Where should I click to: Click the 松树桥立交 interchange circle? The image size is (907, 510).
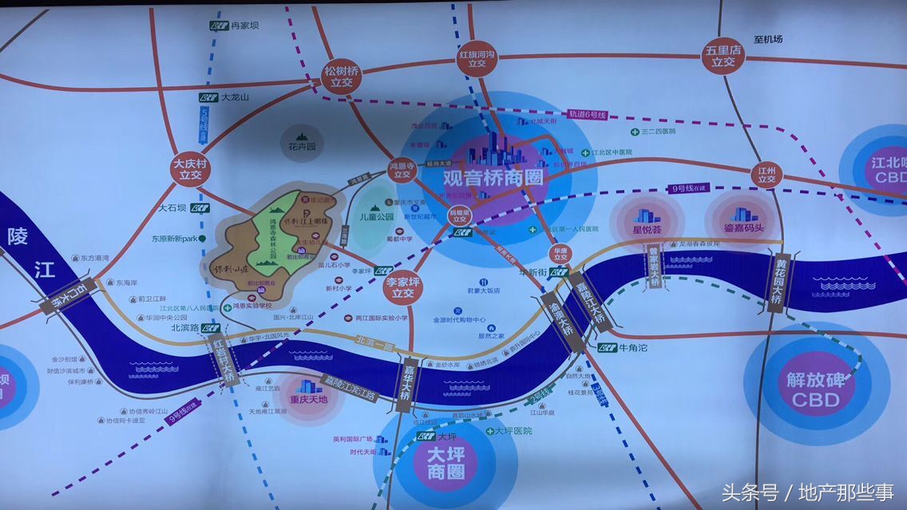tap(342, 77)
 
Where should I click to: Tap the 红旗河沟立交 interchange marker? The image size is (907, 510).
tap(477, 61)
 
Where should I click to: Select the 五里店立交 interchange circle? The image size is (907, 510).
tap(723, 57)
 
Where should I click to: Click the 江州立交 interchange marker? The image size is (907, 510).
tap(767, 173)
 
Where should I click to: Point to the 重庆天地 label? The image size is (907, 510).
tap(309, 401)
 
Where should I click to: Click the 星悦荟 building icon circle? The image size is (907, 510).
tap(647, 218)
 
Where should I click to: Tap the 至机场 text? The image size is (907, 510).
tap(767, 38)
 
